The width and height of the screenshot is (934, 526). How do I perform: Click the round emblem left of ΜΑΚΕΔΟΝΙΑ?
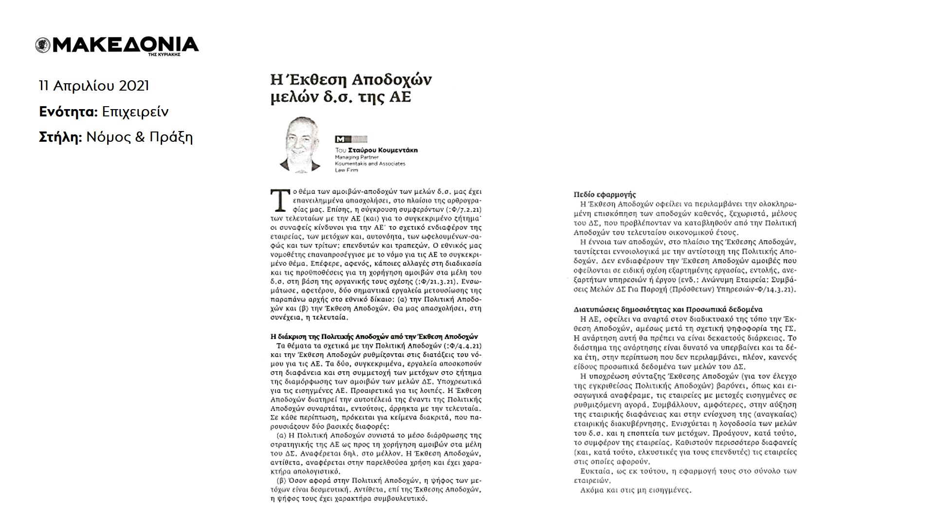click(x=43, y=45)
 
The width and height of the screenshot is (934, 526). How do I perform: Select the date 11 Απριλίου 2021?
click(x=94, y=86)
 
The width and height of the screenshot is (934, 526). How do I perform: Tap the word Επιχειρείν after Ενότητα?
click(x=135, y=112)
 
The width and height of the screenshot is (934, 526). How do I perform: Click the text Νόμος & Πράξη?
click(x=139, y=138)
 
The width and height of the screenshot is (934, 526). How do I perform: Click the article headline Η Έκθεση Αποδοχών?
click(x=351, y=80)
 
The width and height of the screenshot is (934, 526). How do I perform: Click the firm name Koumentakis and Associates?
click(x=370, y=164)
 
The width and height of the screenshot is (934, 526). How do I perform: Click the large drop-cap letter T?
click(x=278, y=199)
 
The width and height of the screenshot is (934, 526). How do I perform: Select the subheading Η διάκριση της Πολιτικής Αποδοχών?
click(x=374, y=337)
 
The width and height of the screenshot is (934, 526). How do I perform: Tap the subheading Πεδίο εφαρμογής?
click(x=604, y=195)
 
